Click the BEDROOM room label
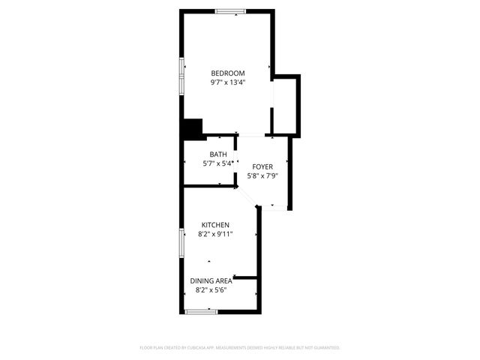pyautogui.click(x=228, y=73)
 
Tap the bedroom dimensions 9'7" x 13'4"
pyautogui.click(x=228, y=82)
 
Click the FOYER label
pyautogui.click(x=262, y=166)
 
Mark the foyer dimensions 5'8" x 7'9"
pyautogui.click(x=262, y=176)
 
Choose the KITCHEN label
pyautogui.click(x=215, y=225)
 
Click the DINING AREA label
pyautogui.click(x=211, y=280)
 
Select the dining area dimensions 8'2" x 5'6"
pyautogui.click(x=211, y=289)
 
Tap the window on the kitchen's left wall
pyautogui.click(x=181, y=244)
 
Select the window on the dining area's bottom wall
pyautogui.click(x=202, y=311)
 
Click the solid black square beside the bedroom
pyautogui.click(x=193, y=129)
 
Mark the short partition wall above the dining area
pyautogui.click(x=246, y=277)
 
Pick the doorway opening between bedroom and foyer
pyautogui.click(x=254, y=136)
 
